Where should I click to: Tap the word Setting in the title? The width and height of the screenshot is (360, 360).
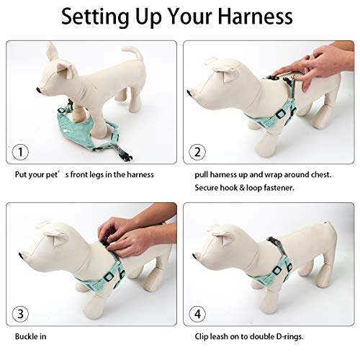pyautogui.click(x=97, y=17)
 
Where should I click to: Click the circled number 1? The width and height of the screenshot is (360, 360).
pyautogui.click(x=21, y=152)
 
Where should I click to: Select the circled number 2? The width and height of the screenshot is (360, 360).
pyautogui.click(x=197, y=152)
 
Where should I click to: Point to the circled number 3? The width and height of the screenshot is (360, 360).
pyautogui.click(x=21, y=314)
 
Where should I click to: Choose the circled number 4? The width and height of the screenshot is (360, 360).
pyautogui.click(x=197, y=314)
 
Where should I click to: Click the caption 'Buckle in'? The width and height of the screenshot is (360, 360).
pyautogui.click(x=32, y=336)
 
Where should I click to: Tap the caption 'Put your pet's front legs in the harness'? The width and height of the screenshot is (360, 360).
pyautogui.click(x=84, y=174)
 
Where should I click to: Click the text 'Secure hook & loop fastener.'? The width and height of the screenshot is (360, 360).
pyautogui.click(x=245, y=188)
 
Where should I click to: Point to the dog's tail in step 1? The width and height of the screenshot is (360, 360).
pyautogui.click(x=131, y=53)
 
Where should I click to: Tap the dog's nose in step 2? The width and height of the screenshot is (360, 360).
pyautogui.click(x=190, y=92)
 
